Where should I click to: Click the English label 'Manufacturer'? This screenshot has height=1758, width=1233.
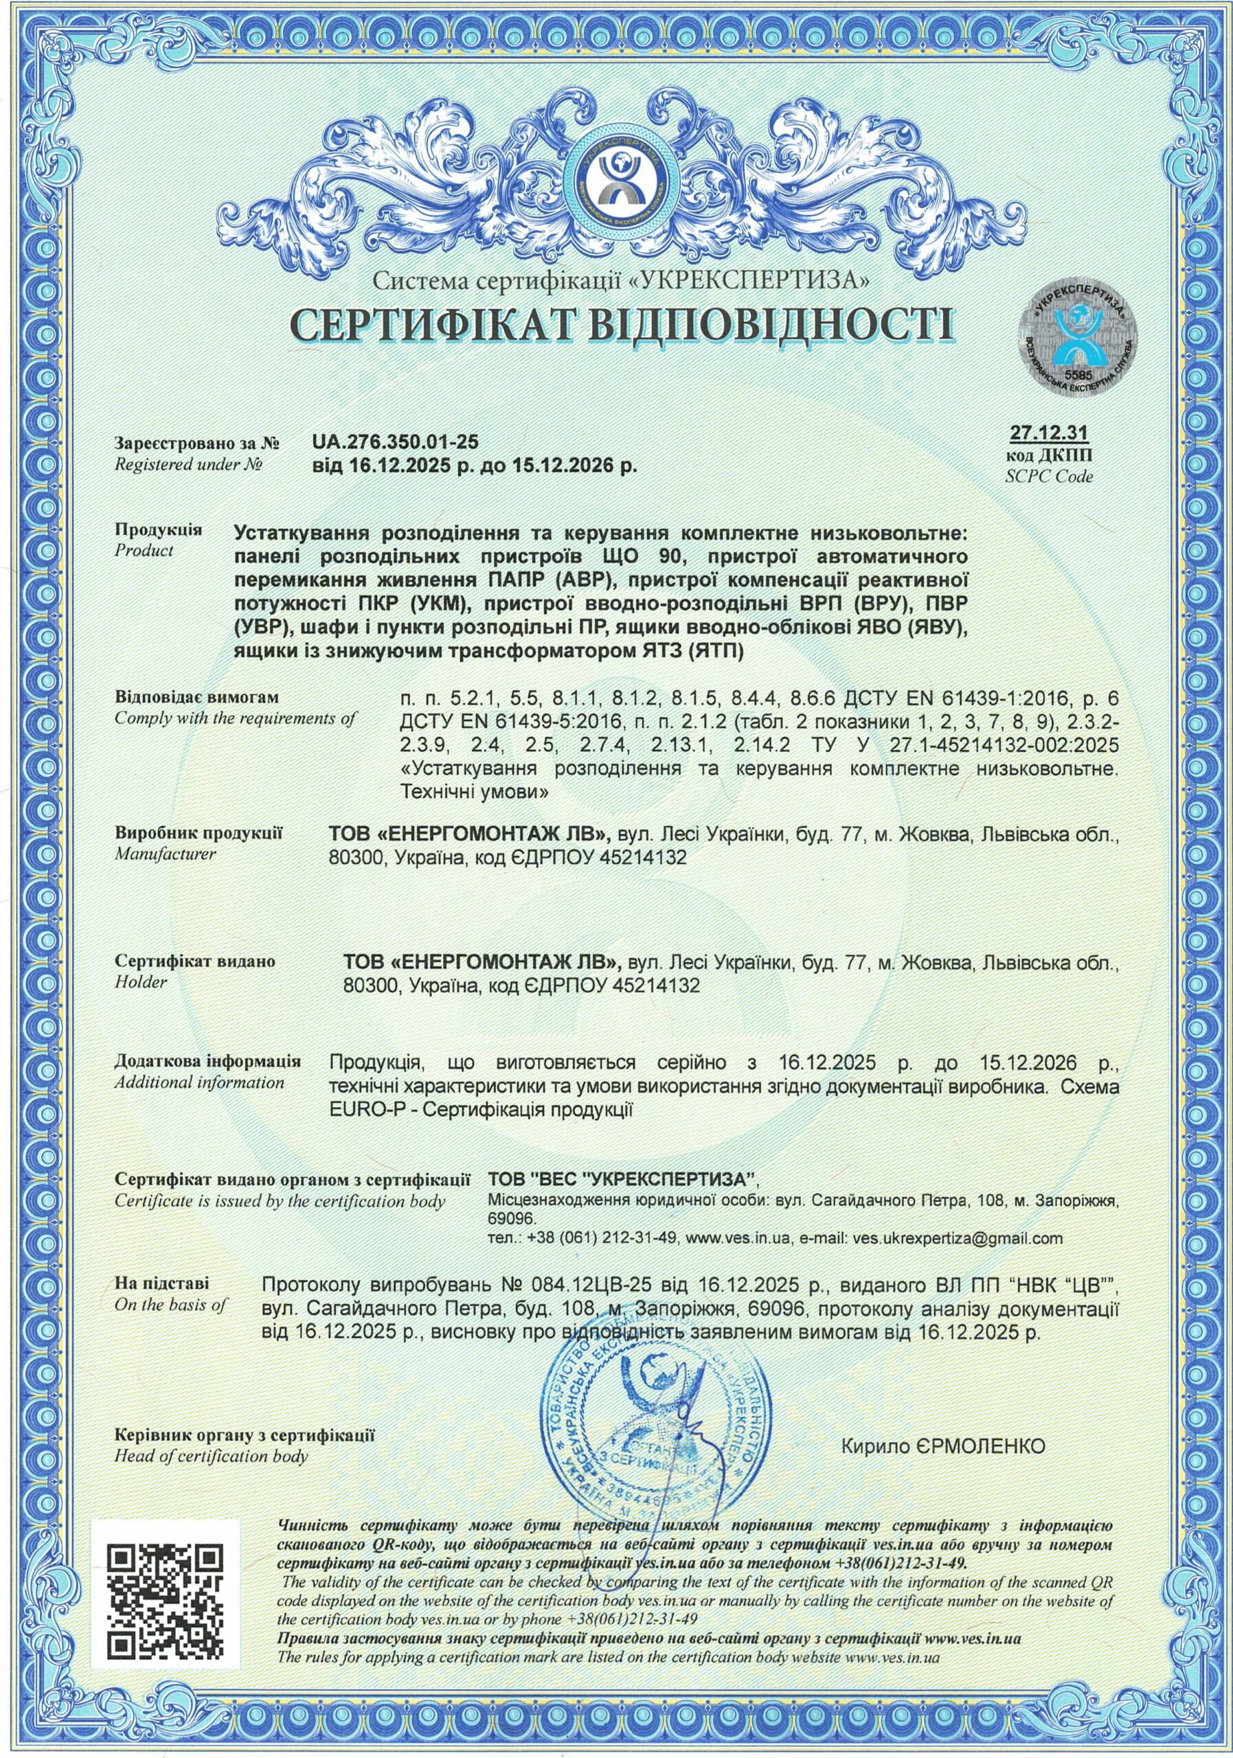click(166, 853)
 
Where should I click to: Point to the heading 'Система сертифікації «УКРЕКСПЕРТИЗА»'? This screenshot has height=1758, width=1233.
click(621, 281)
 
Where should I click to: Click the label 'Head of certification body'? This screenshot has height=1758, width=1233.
click(211, 1456)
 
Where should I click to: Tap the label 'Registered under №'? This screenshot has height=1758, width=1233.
click(188, 464)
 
